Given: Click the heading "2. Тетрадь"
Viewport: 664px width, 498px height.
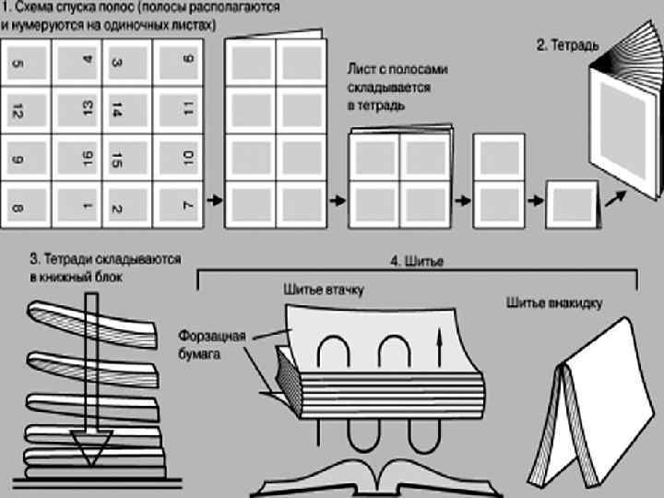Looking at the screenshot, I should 568,44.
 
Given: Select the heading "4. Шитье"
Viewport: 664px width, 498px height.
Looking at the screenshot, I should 416,262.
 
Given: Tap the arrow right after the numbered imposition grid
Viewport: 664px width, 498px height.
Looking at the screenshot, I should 213,198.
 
